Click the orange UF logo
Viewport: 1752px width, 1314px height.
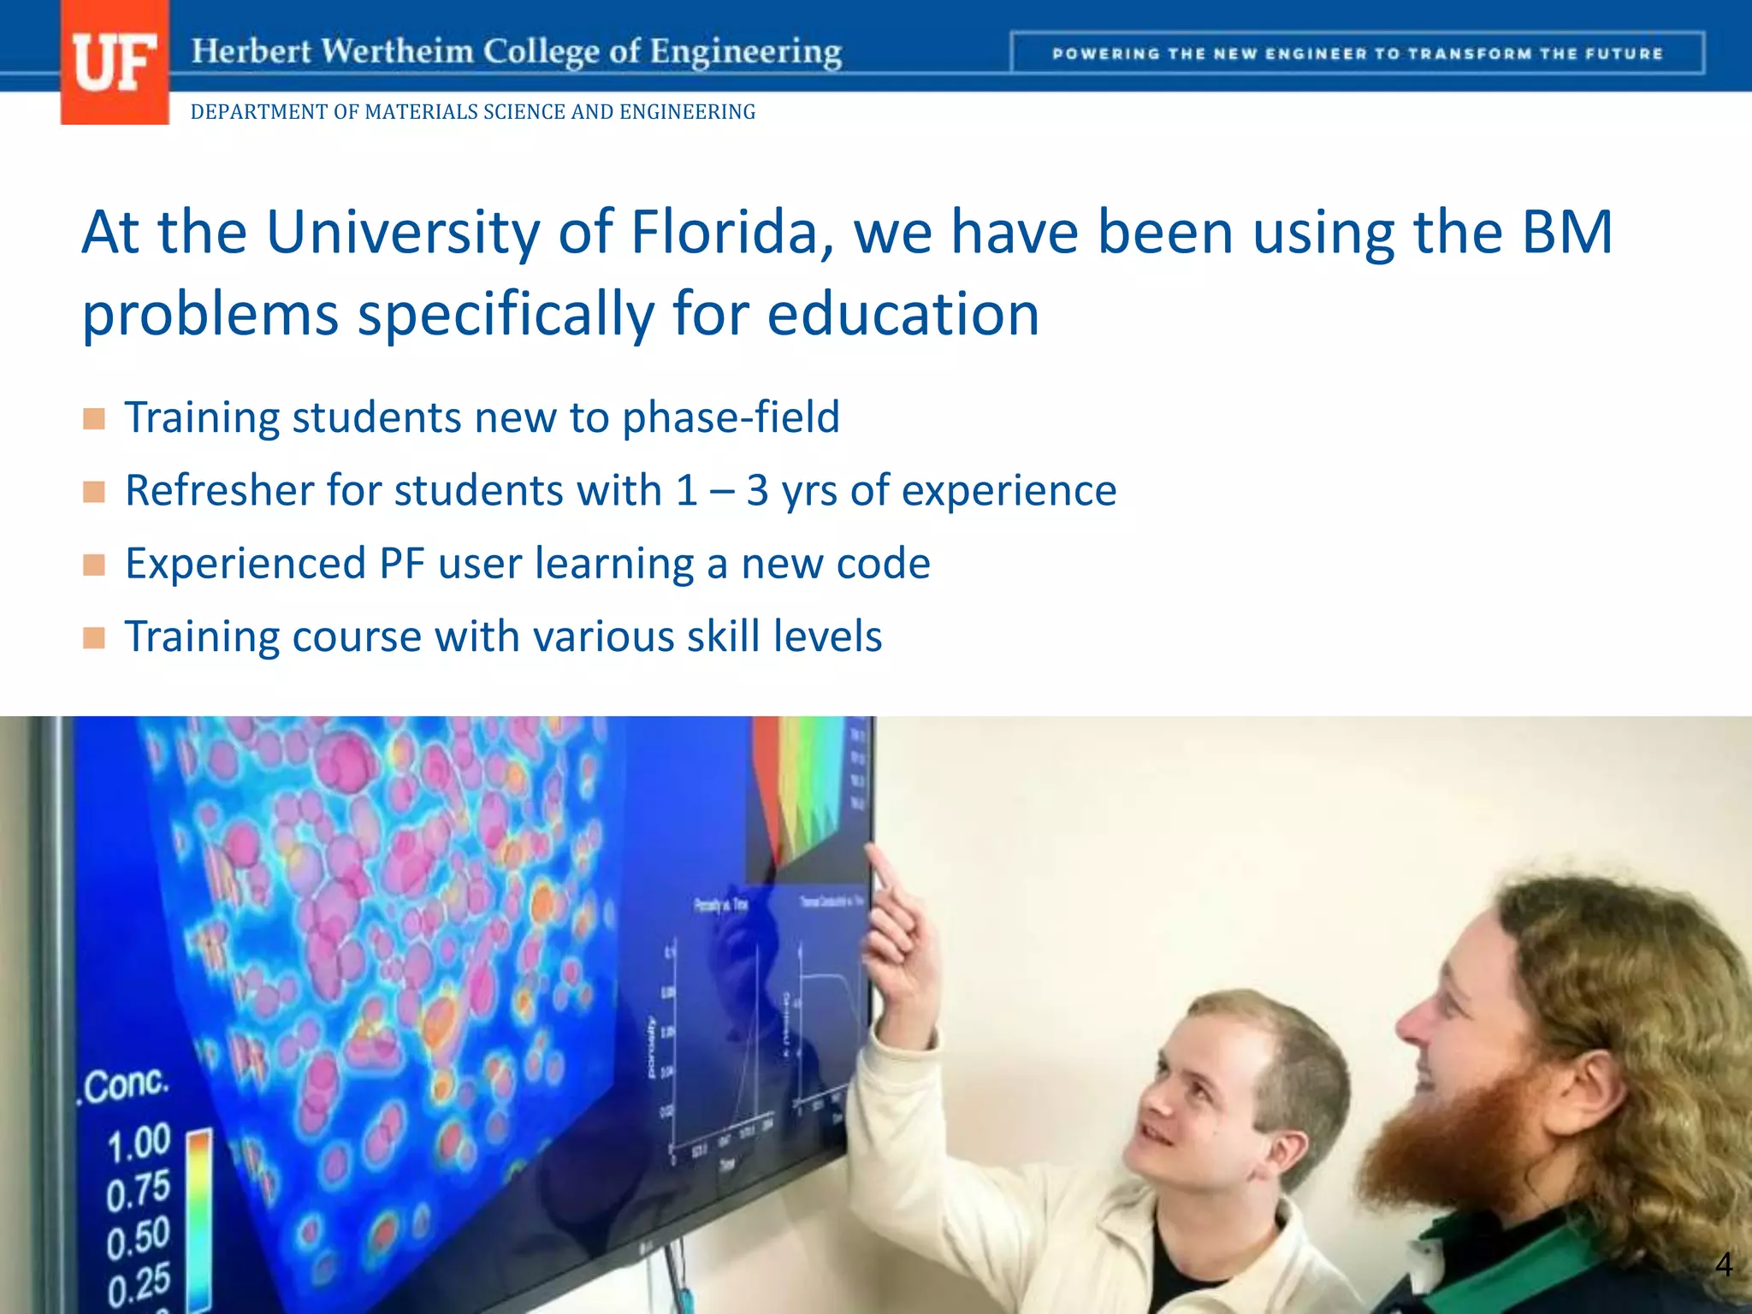pyautogui.click(x=115, y=62)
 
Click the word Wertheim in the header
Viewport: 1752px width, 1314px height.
pyautogui.click(x=398, y=51)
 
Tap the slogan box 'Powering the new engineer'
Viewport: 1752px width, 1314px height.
pyautogui.click(x=1357, y=53)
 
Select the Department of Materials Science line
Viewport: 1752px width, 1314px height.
pyautogui.click(x=472, y=112)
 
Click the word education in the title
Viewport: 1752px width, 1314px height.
pyautogui.click(x=903, y=314)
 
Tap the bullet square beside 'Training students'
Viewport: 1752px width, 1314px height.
pyautogui.click(x=94, y=419)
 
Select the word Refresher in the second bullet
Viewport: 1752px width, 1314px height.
pyautogui.click(x=217, y=491)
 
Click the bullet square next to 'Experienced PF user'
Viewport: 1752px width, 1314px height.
pyautogui.click(x=94, y=565)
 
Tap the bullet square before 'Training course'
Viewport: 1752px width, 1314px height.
pyautogui.click(x=94, y=638)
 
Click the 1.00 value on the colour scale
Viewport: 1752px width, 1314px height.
pyautogui.click(x=139, y=1145)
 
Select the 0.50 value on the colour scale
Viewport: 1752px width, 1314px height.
pyautogui.click(x=138, y=1239)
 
